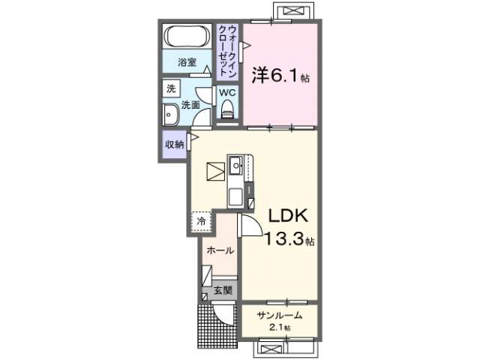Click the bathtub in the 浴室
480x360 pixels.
[187, 36]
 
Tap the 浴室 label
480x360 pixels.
[187, 62]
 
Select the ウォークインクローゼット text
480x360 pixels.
[228, 52]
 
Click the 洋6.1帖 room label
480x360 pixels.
[280, 75]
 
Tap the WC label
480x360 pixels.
[227, 92]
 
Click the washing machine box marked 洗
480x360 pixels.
[171, 88]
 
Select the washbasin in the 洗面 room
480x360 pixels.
[171, 115]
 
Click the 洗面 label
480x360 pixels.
[190, 105]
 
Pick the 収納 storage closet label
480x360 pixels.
[175, 144]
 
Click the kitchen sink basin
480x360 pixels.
[235, 166]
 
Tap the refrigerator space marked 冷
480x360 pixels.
[202, 220]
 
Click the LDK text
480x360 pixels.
[288, 217]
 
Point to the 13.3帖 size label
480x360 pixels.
[289, 238]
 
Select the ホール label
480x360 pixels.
[220, 250]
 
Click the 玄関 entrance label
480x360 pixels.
[223, 290]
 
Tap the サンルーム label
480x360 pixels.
[280, 315]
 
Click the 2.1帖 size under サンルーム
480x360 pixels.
[280, 328]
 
